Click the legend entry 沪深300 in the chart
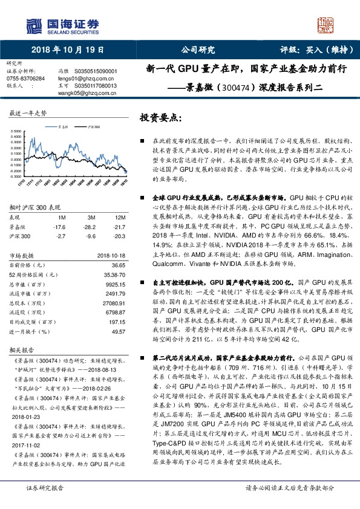[x=93, y=127]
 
